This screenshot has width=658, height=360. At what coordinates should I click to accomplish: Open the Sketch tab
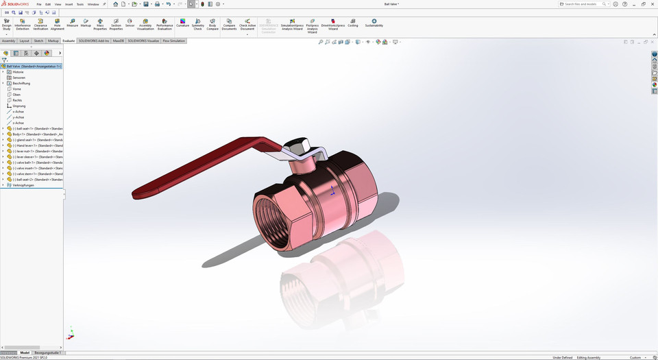pyautogui.click(x=38, y=41)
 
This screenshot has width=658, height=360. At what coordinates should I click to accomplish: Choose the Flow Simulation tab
pyautogui.click(x=174, y=41)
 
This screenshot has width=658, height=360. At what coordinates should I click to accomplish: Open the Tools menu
pyautogui.click(x=80, y=4)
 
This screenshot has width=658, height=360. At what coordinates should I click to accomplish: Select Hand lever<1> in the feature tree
pyautogui.click(x=38, y=145)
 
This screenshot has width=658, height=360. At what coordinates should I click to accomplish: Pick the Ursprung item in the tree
pyautogui.click(x=19, y=106)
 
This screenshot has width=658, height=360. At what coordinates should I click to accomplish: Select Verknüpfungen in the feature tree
pyautogui.click(x=23, y=185)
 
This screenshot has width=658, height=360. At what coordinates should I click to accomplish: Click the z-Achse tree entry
pyautogui.click(x=19, y=123)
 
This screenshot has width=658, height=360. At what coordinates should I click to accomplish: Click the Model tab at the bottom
pyautogui.click(x=25, y=352)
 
